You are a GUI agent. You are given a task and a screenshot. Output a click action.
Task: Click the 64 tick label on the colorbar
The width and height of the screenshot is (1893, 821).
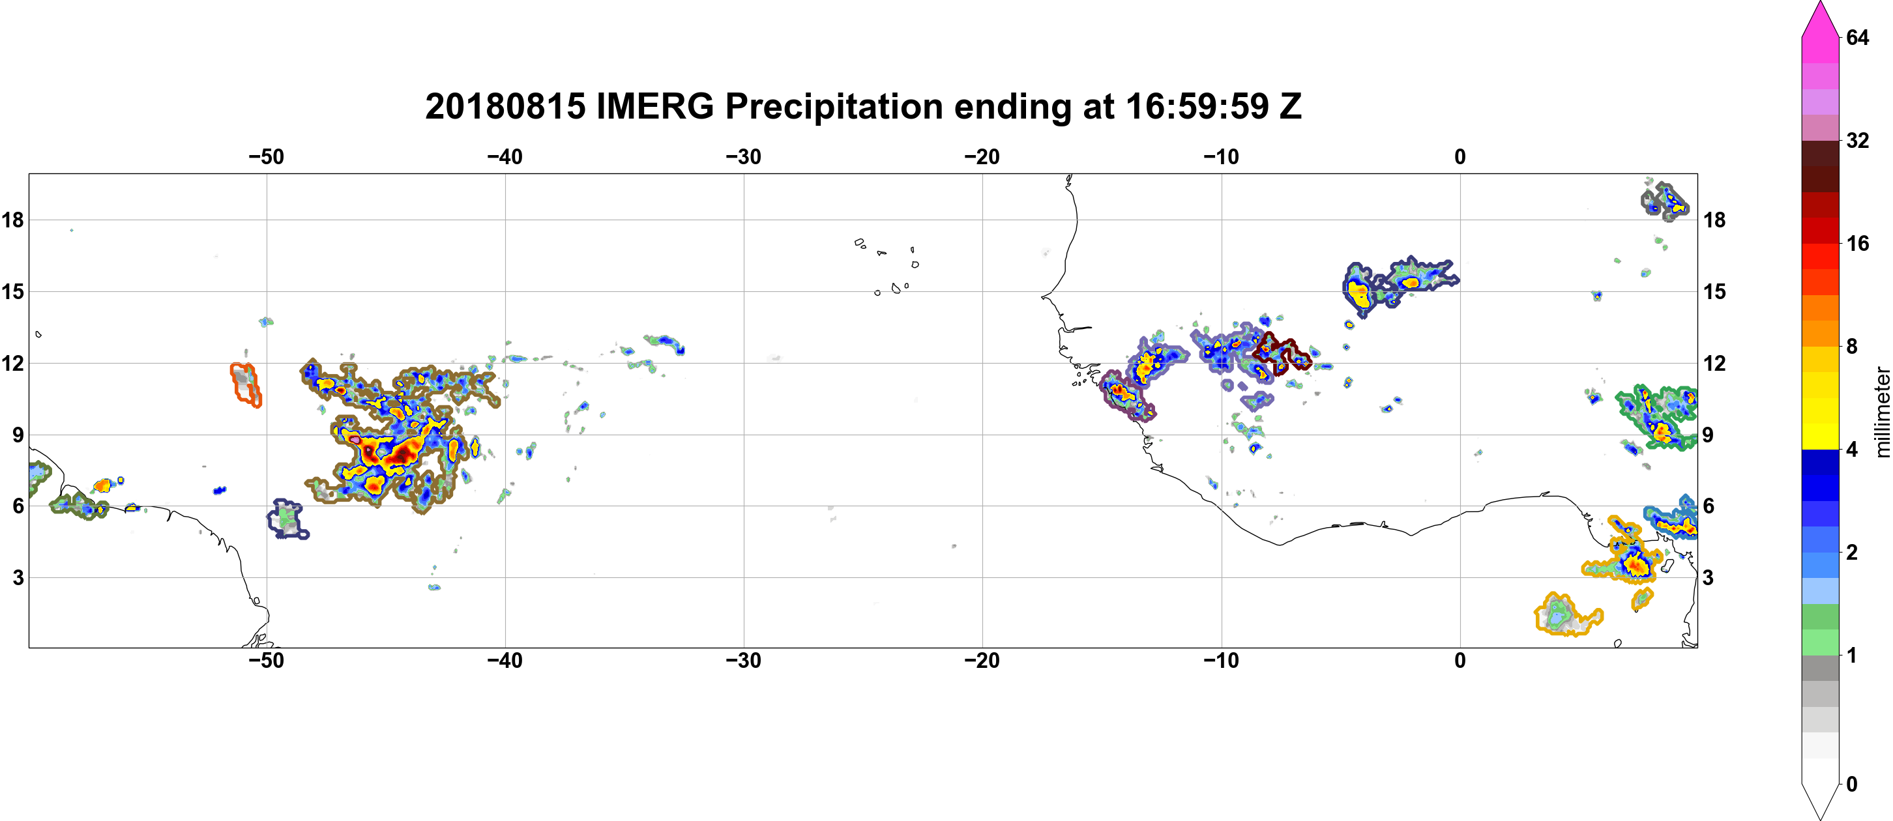tap(1857, 37)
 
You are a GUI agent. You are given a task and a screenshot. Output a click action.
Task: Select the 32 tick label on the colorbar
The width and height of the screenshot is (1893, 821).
tap(1857, 140)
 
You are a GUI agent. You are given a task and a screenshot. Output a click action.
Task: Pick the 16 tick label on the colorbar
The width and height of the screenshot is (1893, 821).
tap(1857, 244)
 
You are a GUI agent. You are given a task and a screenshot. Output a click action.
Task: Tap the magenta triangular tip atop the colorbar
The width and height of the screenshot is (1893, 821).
tap(1819, 18)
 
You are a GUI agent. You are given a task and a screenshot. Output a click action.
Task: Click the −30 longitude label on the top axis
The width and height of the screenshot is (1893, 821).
tap(744, 157)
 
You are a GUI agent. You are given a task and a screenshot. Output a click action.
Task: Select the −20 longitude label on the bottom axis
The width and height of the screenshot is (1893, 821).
tap(982, 661)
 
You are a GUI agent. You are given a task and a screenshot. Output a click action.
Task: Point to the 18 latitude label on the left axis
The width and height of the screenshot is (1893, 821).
tap(12, 220)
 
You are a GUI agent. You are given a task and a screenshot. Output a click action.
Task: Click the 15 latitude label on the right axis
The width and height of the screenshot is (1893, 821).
tap(1714, 291)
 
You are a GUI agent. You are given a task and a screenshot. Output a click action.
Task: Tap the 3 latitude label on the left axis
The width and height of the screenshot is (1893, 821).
tap(18, 578)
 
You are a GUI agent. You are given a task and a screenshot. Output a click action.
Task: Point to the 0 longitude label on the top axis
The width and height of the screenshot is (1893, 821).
tap(1460, 157)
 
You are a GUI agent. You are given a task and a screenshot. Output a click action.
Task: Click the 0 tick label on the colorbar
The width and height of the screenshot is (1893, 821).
tap(1852, 785)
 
